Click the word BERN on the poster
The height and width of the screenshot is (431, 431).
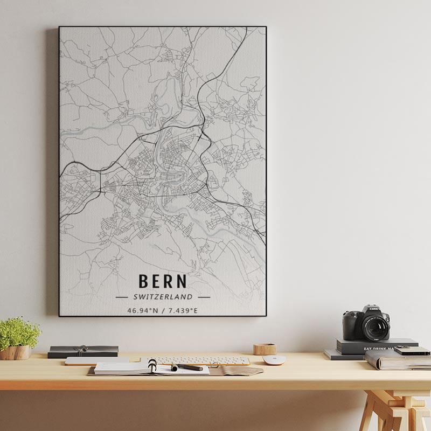pos(163,281)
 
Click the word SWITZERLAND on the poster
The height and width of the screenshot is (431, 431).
pos(163,297)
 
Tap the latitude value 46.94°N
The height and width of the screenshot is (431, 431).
pos(143,311)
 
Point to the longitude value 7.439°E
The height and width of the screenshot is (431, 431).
pos(183,311)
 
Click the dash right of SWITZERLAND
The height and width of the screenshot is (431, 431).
pos(204,297)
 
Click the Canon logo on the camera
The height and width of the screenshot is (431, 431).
pos(374,309)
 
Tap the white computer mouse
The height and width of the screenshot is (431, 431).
pos(274,360)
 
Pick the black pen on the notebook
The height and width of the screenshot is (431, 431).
pos(187,367)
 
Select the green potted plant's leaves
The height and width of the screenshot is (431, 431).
pos(19,331)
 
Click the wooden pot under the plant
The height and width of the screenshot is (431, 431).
pos(16,353)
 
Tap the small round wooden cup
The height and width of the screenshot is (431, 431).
pos(265,349)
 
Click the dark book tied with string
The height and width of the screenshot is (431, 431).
pos(83,351)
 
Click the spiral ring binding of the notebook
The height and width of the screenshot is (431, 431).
pos(152,367)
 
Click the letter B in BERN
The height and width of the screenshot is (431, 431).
pos(143,281)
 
